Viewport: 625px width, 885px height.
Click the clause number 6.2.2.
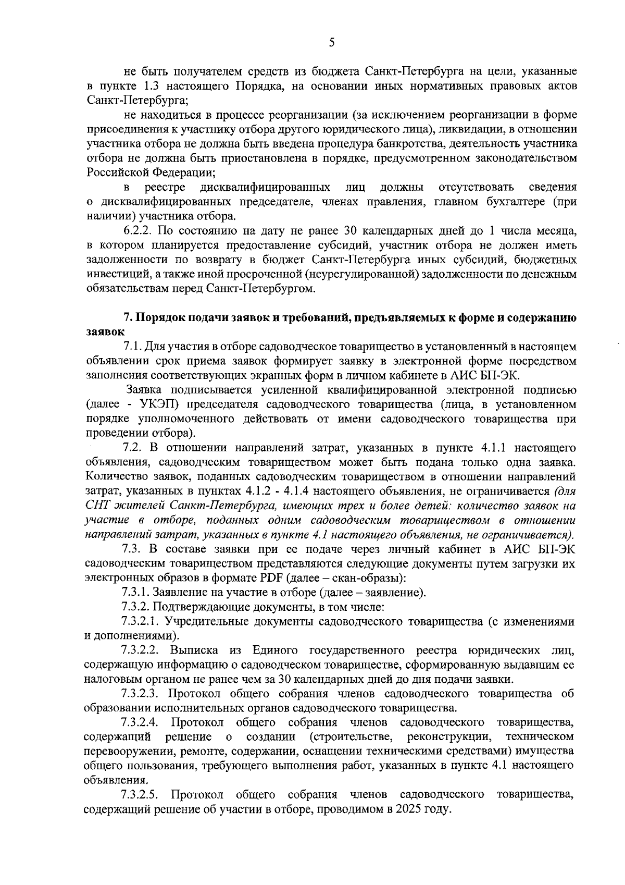[139, 230]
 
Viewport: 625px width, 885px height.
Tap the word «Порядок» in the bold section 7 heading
[158, 318]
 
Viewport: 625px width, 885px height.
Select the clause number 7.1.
[132, 347]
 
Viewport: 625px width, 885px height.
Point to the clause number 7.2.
[132, 448]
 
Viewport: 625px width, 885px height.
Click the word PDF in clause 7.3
[269, 577]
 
